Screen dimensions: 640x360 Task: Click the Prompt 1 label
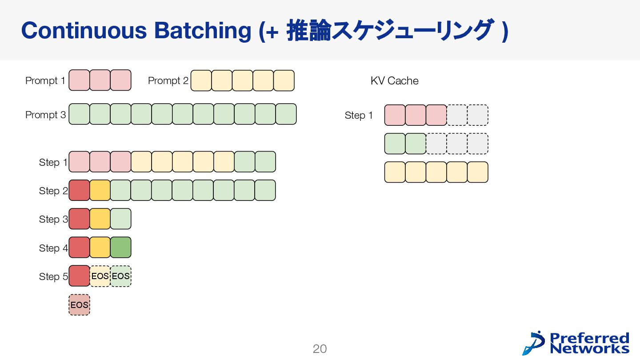click(45, 81)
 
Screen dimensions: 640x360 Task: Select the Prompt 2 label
click(168, 81)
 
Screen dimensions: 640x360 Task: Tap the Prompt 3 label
click(45, 115)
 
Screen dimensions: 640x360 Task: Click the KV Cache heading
click(394, 81)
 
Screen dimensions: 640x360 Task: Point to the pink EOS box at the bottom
click(80, 305)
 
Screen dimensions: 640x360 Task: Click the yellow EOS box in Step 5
click(100, 276)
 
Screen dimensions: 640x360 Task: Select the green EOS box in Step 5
click(121, 276)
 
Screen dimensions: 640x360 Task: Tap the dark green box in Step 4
click(121, 248)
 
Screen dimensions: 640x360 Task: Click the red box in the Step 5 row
click(80, 276)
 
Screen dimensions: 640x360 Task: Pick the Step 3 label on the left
click(53, 220)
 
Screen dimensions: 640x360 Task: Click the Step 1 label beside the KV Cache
click(359, 116)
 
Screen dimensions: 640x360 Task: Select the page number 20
click(320, 349)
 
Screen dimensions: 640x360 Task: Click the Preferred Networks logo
click(576, 343)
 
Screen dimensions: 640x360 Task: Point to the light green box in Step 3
click(121, 219)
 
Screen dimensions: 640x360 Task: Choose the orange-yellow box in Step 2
click(100, 190)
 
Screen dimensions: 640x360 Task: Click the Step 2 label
click(53, 191)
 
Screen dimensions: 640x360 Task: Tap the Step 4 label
click(53, 248)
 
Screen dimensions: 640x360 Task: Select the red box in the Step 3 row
click(80, 219)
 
